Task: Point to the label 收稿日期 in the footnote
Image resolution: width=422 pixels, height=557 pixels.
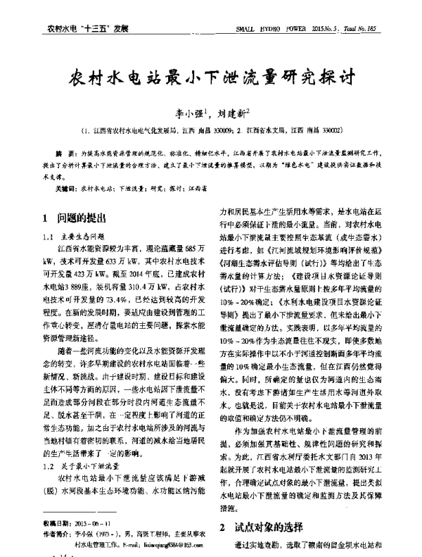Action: coord(57,525)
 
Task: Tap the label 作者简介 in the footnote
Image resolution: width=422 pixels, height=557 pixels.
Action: coord(57,534)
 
